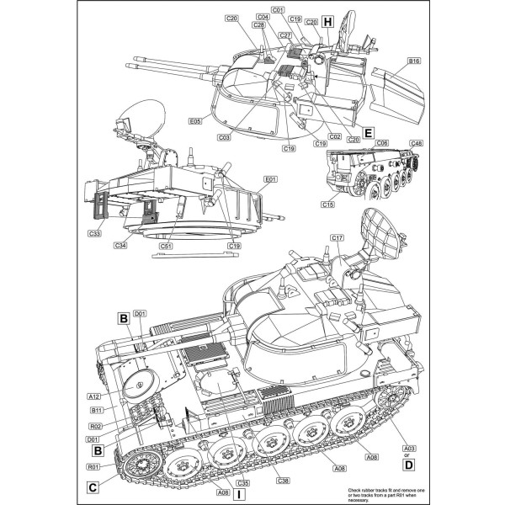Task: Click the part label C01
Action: [279, 9]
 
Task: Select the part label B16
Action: [413, 61]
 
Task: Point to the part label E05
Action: [195, 121]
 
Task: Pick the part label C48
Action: [415, 144]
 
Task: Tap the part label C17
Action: [337, 238]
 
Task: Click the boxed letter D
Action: [408, 464]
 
